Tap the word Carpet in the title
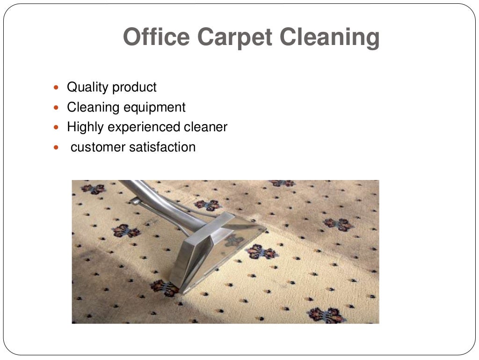tap(234, 37)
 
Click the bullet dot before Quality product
tap(57, 88)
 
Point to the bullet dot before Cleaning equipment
tap(57, 108)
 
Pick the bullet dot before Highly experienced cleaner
tap(57, 127)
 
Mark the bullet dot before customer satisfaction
tap(57, 148)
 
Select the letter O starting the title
tap(131, 37)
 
